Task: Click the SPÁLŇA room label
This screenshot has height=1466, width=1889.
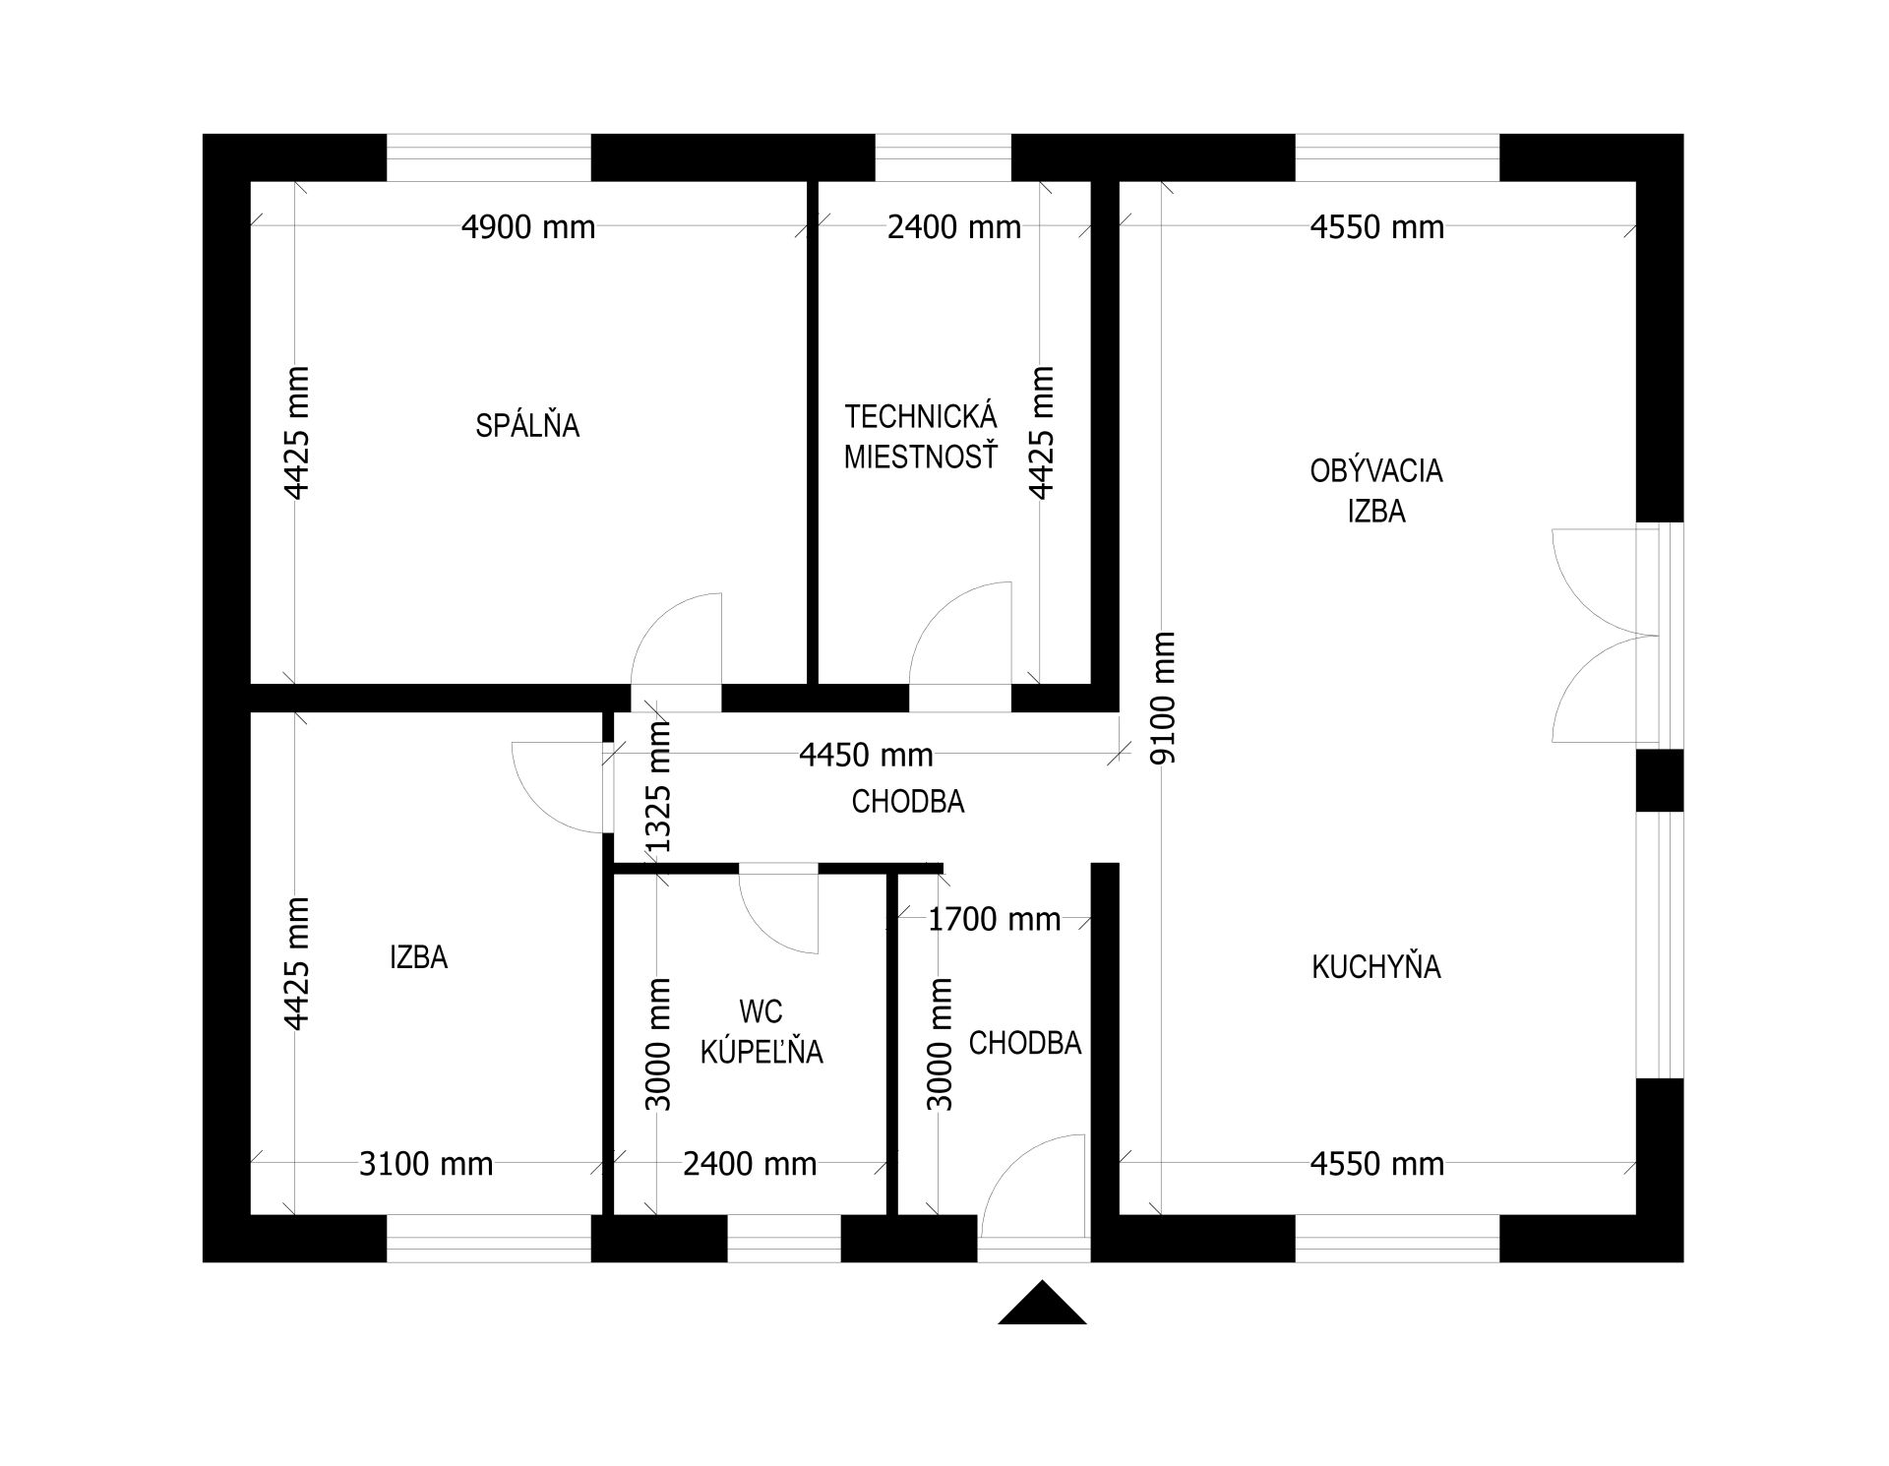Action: [527, 425]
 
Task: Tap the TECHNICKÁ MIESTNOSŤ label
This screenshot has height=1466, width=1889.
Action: [921, 437]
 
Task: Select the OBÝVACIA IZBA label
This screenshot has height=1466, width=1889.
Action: [1376, 491]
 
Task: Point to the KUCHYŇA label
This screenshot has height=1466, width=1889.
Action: [1376, 967]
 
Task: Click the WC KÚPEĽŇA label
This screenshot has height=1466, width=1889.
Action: [762, 1031]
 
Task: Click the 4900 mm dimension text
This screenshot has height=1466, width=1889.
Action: [528, 227]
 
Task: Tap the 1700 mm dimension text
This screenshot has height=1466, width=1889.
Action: [995, 920]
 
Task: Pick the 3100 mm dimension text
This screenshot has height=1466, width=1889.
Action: [426, 1164]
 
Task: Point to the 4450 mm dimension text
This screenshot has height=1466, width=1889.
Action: [866, 755]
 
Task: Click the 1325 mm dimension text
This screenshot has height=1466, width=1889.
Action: [656, 786]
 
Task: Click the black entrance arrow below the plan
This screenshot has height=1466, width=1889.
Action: [1042, 1303]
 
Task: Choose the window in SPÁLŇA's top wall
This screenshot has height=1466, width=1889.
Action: [489, 157]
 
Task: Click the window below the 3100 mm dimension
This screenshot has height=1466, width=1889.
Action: [489, 1239]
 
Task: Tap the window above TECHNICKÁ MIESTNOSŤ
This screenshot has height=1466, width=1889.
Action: [944, 157]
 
